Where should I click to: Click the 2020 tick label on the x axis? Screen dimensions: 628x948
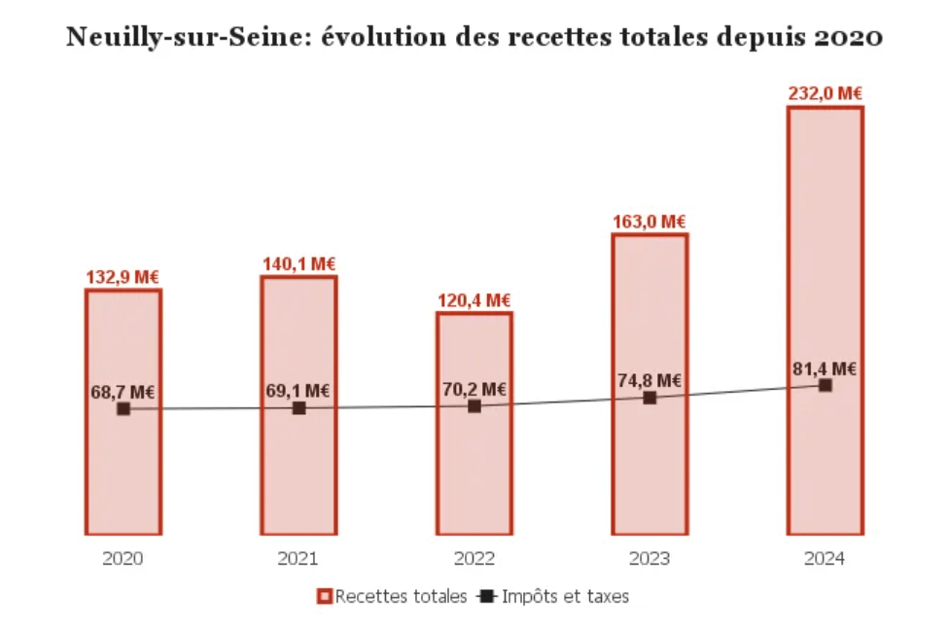coord(123,559)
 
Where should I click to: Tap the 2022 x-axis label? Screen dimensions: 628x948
coord(474,559)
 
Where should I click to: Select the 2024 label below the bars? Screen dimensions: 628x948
coord(825,559)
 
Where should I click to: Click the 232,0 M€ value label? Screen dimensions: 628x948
coord(825,94)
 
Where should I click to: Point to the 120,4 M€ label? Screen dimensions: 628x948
coord(474,300)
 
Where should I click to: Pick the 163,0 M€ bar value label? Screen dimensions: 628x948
coord(649,222)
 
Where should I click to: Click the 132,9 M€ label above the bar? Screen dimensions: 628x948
coord(123,277)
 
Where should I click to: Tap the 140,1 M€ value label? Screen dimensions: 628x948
coord(298,263)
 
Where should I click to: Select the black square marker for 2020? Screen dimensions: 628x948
coord(123,409)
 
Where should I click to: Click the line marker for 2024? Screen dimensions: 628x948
coord(825,386)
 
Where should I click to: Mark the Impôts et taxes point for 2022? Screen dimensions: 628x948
coord(474,406)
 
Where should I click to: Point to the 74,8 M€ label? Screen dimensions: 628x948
coord(649,380)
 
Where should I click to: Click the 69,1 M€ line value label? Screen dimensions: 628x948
coord(298,391)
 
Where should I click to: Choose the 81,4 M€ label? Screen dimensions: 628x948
coord(825,368)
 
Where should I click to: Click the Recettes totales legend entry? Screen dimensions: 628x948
coord(393,596)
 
